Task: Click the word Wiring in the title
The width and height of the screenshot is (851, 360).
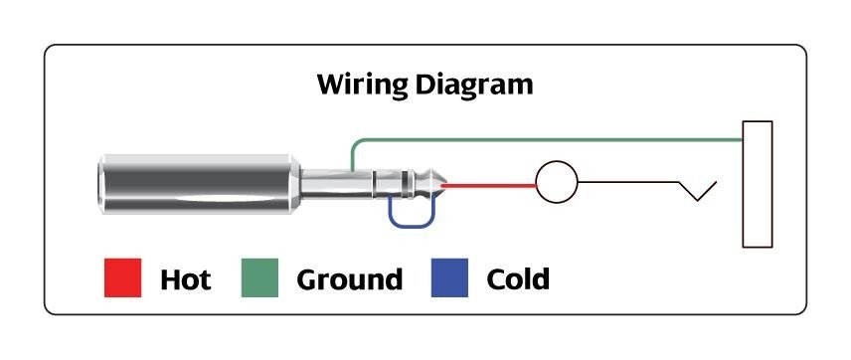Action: tap(358, 85)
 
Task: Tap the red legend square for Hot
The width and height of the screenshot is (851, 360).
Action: tap(122, 278)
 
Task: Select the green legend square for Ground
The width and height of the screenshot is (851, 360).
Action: tap(259, 278)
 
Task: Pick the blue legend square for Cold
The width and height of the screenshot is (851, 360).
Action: tap(449, 278)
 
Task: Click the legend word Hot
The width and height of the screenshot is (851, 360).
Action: tap(185, 279)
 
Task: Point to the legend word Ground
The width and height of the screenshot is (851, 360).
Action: tap(349, 279)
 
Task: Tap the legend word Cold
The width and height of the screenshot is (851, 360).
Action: tap(517, 279)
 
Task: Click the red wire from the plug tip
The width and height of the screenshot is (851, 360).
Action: tap(492, 184)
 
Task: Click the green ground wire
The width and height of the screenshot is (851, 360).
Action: tap(547, 140)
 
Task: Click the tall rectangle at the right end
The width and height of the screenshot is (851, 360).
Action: tap(758, 183)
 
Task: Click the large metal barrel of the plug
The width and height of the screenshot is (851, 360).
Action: tap(199, 185)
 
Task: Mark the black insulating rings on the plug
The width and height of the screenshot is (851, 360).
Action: tap(406, 184)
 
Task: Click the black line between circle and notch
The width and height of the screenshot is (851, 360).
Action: tap(626, 183)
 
